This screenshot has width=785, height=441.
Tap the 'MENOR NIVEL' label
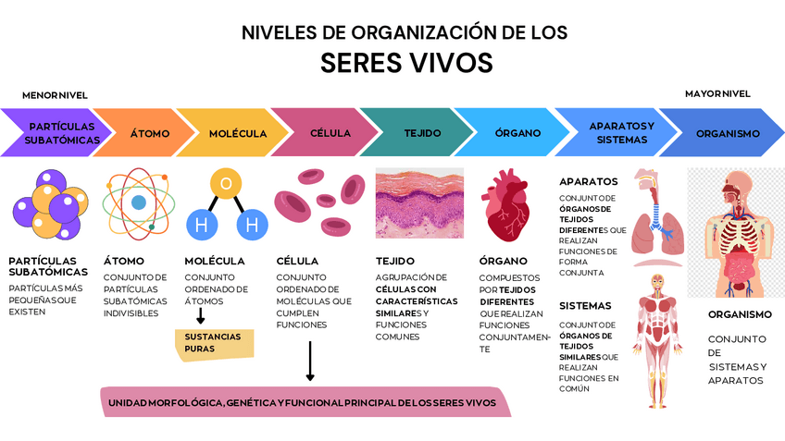click(55, 95)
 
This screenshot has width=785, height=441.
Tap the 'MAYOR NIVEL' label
click(717, 93)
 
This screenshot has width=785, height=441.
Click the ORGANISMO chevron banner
click(728, 133)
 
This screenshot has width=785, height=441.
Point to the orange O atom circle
click(225, 183)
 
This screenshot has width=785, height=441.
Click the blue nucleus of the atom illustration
click(139, 202)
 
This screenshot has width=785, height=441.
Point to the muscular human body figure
click(658, 338)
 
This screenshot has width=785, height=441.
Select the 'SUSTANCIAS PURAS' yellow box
click(214, 342)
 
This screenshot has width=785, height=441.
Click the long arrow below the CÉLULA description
click(310, 361)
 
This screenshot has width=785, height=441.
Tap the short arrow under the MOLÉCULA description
click(201, 315)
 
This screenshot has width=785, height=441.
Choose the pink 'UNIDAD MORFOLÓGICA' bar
click(305, 402)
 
